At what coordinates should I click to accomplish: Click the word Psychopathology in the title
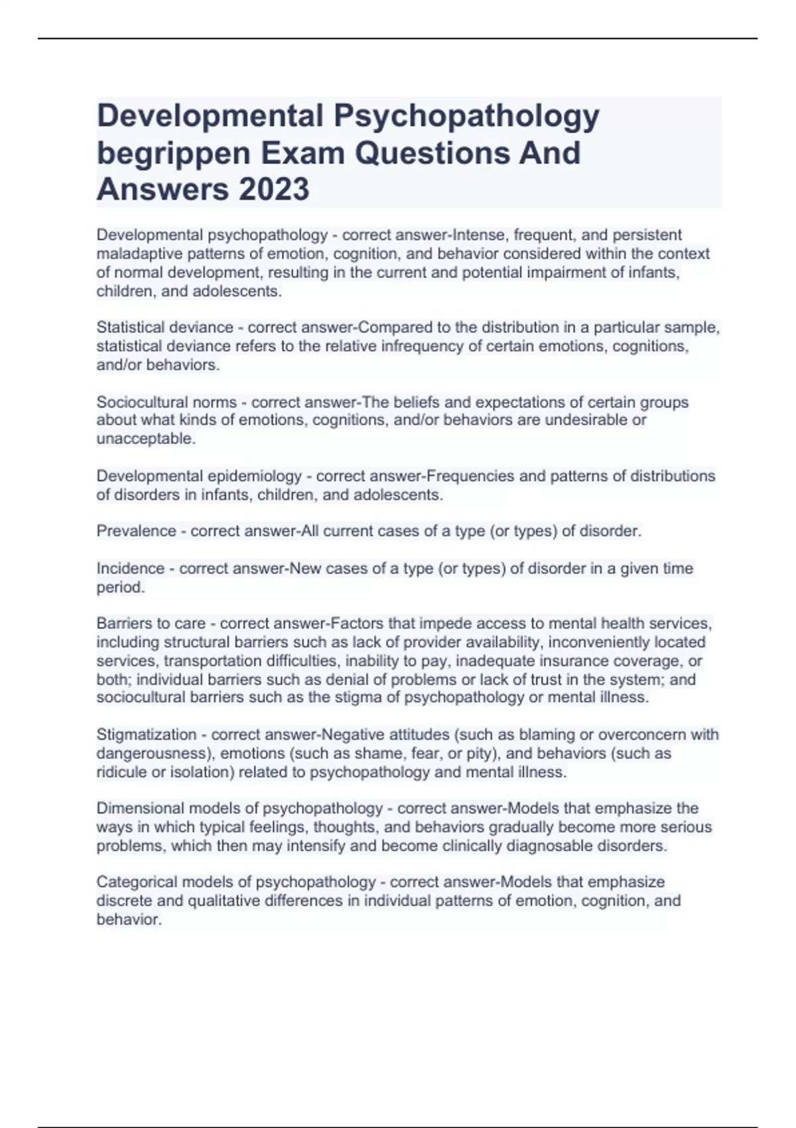466,116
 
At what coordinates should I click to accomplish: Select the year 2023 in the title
273,190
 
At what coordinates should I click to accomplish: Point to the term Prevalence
136,531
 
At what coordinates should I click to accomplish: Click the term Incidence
131,569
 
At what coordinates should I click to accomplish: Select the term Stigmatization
147,735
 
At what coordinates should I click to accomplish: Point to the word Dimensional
139,808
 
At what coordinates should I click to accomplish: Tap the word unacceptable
145,439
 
